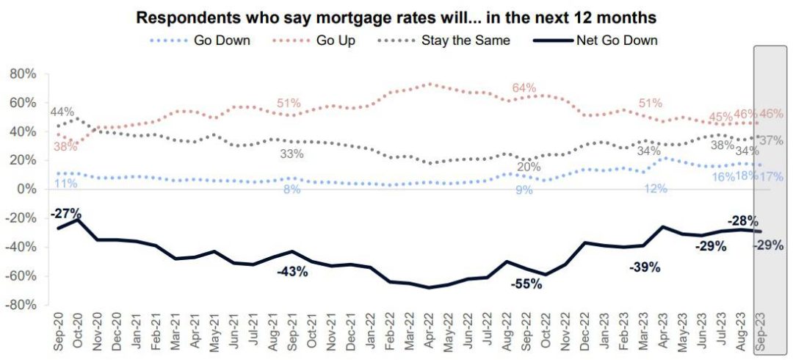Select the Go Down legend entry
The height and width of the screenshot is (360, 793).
221,40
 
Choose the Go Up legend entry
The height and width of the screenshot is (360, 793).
336,40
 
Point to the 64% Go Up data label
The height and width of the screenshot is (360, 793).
524,88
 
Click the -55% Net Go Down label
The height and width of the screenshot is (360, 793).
526,284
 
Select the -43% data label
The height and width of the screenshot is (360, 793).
292,272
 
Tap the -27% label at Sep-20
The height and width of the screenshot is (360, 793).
65,214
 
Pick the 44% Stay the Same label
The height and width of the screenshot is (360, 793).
62,112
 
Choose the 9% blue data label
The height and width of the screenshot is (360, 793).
523,190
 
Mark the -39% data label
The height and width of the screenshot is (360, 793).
645,267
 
